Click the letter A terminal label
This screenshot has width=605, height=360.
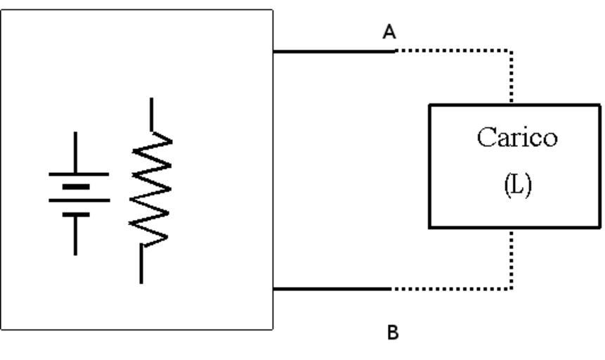click(x=389, y=32)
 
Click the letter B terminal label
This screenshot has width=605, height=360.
click(x=393, y=333)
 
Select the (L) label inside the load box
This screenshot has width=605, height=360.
click(x=517, y=184)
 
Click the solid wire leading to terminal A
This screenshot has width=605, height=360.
click(x=334, y=51)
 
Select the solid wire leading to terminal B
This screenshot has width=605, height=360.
click(x=332, y=288)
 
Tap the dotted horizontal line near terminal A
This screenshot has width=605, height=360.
click(x=453, y=51)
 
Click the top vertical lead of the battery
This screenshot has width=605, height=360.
click(x=76, y=151)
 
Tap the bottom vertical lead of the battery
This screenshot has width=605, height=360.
click(x=76, y=236)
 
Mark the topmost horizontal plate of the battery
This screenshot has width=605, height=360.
click(x=78, y=173)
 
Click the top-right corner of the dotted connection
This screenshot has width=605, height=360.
click(x=511, y=51)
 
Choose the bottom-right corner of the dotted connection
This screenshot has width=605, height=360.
click(x=511, y=288)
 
